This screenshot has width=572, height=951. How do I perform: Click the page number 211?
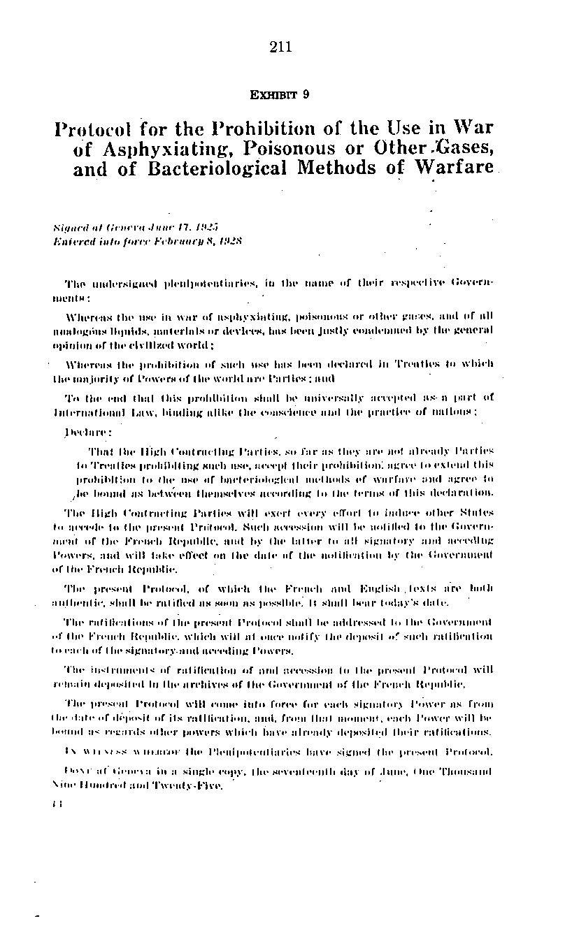(279, 48)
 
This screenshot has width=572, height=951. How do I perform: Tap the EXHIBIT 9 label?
(279, 95)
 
